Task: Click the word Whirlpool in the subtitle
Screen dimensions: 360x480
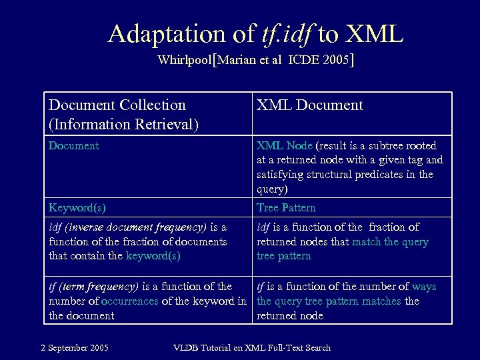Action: click(x=184, y=60)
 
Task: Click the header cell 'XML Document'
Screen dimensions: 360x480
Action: click(x=310, y=105)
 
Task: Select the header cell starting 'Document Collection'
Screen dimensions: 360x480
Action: click(x=117, y=105)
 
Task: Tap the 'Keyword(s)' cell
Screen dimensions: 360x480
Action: click(x=77, y=207)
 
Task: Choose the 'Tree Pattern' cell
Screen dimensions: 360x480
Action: click(x=286, y=207)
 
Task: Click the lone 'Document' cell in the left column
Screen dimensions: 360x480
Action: click(x=73, y=145)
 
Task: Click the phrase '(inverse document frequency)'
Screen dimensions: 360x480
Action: click(x=133, y=227)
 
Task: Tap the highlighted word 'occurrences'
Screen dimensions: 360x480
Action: click(x=129, y=301)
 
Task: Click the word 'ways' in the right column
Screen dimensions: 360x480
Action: click(x=424, y=286)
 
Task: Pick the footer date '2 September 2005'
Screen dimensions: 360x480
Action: click(x=75, y=347)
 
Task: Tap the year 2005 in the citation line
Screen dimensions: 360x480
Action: click(x=336, y=60)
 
